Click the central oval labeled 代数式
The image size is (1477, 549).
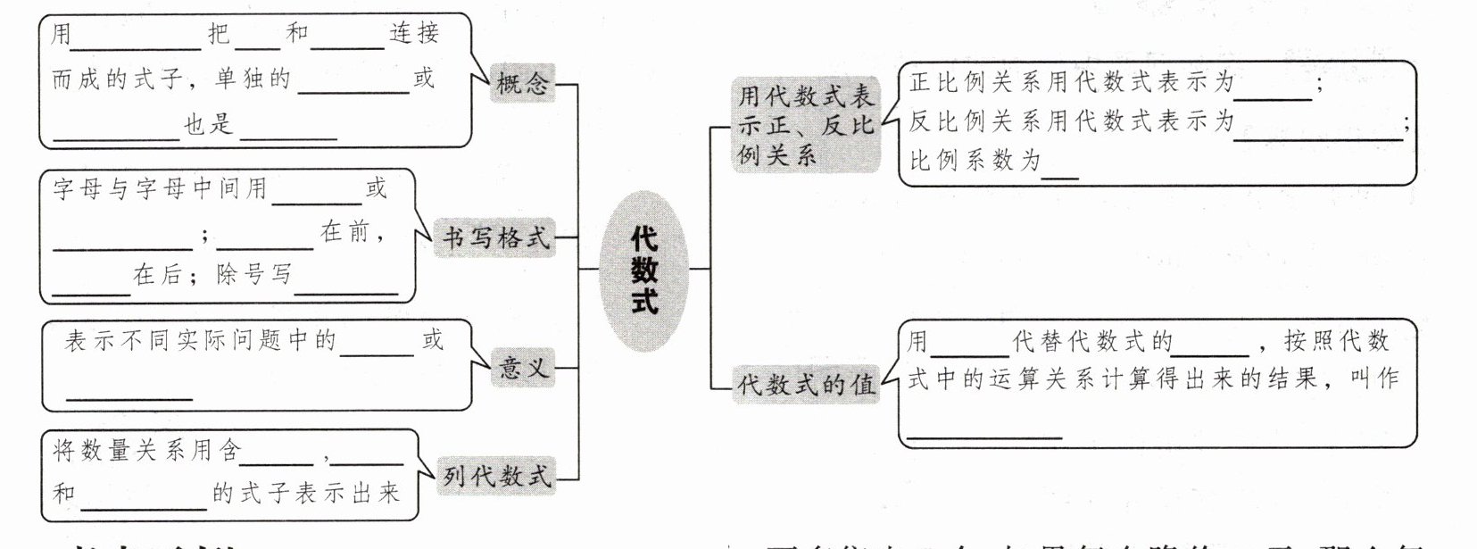[643, 269]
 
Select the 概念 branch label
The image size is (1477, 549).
[522, 83]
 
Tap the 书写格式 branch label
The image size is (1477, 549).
[496, 238]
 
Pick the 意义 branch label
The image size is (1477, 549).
[522, 367]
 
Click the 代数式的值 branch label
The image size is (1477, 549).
[805, 384]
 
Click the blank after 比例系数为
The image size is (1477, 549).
[1060, 171]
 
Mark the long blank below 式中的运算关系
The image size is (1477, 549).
[984, 431]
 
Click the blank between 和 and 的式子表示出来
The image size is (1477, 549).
[143, 502]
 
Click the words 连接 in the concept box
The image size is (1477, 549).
[413, 34]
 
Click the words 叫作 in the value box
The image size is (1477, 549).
[1374, 378]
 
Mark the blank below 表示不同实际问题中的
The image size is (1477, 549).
[129, 392]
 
